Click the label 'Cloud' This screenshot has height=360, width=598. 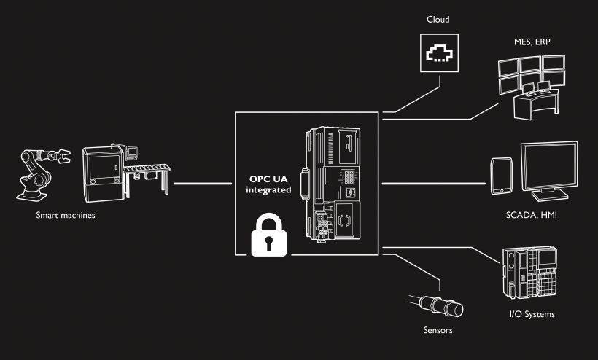(438, 19)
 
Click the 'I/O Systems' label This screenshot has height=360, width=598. (532, 314)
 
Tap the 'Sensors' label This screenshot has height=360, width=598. (438, 330)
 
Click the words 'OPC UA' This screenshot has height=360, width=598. (271, 177)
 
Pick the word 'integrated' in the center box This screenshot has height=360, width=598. (269, 189)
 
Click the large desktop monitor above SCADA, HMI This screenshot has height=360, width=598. (549, 169)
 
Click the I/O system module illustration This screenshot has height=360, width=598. (531, 276)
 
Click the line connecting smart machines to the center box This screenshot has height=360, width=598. (196, 183)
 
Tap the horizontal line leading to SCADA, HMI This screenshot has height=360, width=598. (435, 183)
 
